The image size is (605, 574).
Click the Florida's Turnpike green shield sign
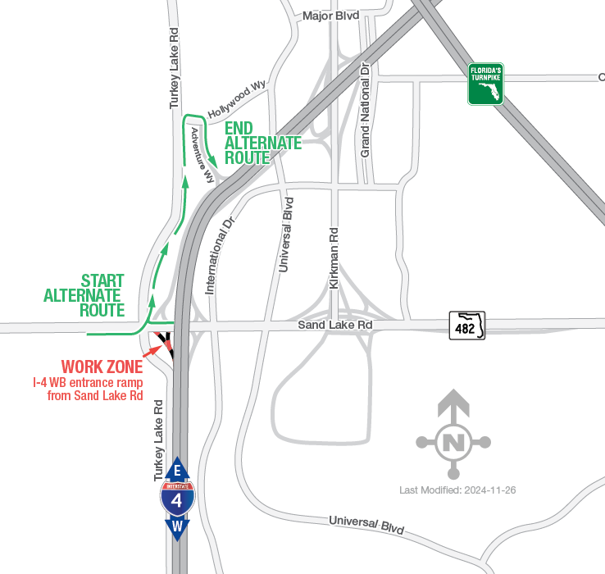485,84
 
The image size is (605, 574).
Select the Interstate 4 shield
177,498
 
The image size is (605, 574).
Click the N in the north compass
453,443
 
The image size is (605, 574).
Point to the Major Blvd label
330,16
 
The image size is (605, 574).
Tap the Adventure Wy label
202,154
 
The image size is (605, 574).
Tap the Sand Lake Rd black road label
334,326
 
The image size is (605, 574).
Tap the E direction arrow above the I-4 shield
177,471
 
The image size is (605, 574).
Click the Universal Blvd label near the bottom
366,525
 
